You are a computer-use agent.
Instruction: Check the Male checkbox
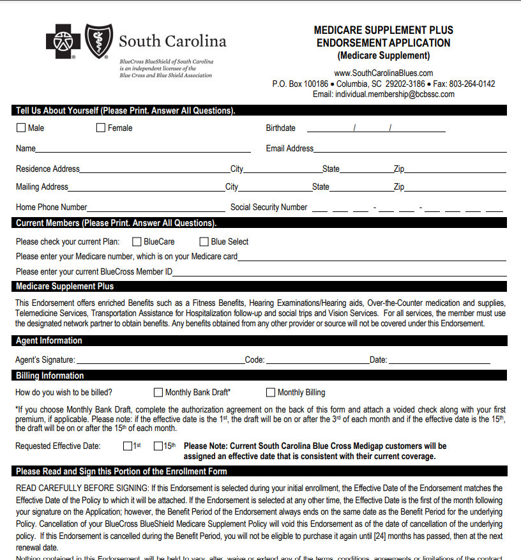pyautogui.click(x=21, y=128)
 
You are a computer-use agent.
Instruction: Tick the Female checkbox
pyautogui.click(x=101, y=128)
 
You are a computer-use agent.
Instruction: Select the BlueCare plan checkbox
pyautogui.click(x=137, y=241)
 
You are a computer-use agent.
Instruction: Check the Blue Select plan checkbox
pyautogui.click(x=204, y=241)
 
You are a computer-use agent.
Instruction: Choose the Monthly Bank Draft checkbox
pyautogui.click(x=158, y=392)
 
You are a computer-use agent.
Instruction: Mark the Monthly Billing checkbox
pyautogui.click(x=271, y=392)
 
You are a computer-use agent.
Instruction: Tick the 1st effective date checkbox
pyautogui.click(x=128, y=446)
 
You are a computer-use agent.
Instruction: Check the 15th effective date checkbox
pyautogui.click(x=158, y=446)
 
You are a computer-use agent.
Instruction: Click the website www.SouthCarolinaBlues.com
pyautogui.click(x=383, y=73)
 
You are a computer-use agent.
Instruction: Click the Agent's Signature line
pyautogui.click(x=160, y=361)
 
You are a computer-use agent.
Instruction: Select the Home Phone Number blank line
pyautogui.click(x=156, y=209)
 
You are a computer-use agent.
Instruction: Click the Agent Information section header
pyautogui.click(x=49, y=341)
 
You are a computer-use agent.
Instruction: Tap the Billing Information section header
pyautogui.click(x=50, y=375)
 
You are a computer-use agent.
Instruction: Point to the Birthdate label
pyautogui.click(x=280, y=128)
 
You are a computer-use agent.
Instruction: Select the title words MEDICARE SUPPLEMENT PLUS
pyautogui.click(x=383, y=30)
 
